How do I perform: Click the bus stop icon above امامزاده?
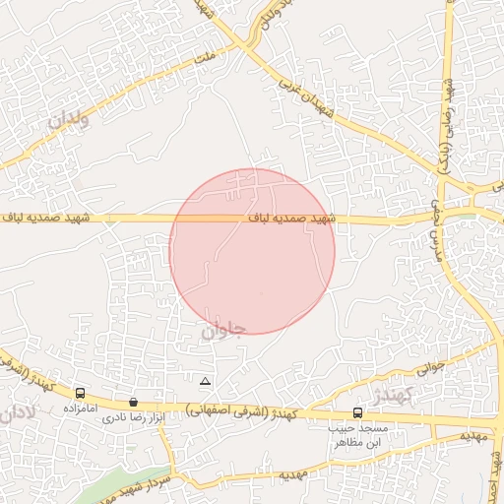click(80, 394)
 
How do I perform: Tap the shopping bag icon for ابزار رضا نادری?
click(133, 403)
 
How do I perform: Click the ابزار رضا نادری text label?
click(133, 417)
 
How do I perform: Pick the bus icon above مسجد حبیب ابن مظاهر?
click(357, 414)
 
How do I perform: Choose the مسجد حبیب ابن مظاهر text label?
click(358, 436)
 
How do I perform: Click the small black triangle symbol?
click(205, 381)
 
